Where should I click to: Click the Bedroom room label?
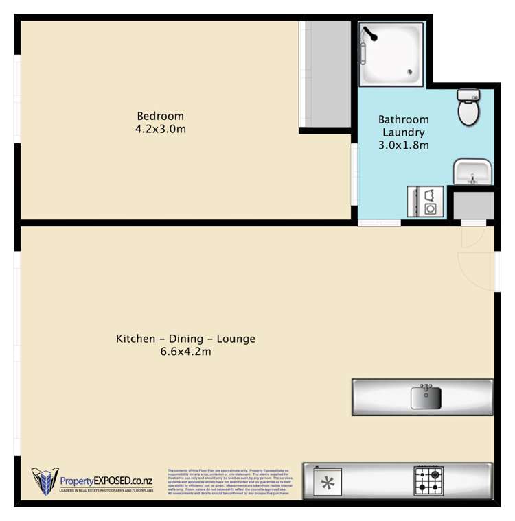160,116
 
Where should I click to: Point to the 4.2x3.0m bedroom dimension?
160,129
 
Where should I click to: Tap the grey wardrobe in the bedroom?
327,73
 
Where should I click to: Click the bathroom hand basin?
472,172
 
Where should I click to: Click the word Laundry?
403,132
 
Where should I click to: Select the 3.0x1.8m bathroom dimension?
403,145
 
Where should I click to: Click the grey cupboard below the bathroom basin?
474,206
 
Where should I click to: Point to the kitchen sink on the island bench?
426,397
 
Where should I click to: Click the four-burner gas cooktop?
428,481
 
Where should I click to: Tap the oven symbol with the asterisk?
329,483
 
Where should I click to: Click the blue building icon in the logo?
43,481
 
